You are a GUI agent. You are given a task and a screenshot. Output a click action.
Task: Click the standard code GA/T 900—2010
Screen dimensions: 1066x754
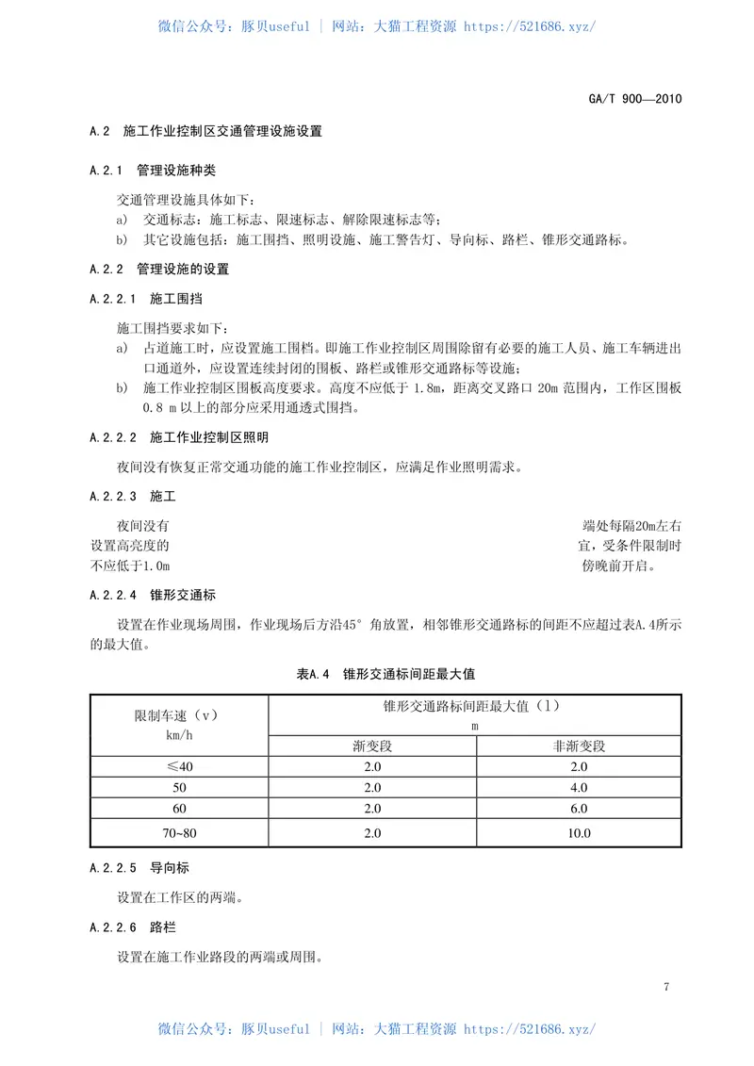point(635,98)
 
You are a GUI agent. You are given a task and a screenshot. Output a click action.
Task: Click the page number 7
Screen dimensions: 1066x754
point(666,987)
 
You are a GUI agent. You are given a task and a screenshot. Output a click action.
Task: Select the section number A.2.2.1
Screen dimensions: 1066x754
point(113,299)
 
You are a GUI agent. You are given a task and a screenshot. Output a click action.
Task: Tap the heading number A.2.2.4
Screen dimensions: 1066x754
point(113,595)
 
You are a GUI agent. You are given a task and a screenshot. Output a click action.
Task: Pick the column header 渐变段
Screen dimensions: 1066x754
point(372,746)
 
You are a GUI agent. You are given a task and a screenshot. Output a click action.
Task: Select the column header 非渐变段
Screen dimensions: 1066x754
point(579,746)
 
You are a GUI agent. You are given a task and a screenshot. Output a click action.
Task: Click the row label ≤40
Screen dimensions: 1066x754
point(179,766)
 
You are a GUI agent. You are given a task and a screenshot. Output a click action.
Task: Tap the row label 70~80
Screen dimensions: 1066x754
point(179,832)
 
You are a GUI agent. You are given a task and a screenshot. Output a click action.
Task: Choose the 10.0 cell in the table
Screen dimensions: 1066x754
point(579,832)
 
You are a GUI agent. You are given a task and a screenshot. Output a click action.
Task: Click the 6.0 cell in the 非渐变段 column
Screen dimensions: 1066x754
point(579,809)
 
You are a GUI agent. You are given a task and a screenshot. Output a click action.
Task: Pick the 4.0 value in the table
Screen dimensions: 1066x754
point(579,787)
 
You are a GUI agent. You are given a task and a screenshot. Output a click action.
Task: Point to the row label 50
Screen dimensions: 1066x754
point(179,787)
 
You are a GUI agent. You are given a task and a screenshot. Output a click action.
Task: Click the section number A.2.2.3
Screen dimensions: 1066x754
point(113,496)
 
